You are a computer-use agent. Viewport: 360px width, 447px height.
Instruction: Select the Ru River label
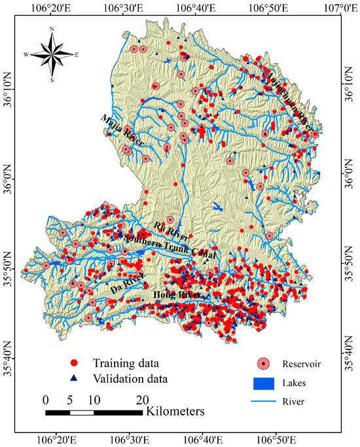coord(171,231)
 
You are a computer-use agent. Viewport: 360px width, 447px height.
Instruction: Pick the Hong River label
coord(177,296)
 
